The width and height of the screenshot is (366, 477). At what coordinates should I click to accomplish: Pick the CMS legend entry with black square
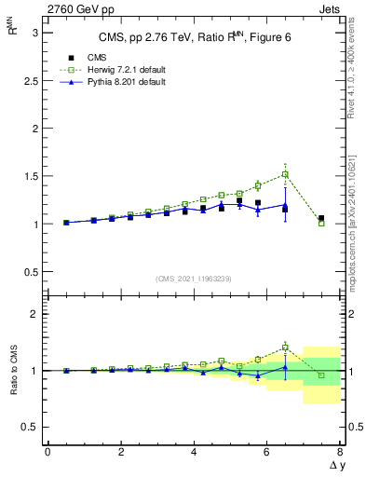click(74, 58)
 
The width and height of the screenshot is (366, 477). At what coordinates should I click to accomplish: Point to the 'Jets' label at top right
click(332, 9)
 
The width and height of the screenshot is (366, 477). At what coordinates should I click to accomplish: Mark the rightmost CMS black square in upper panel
click(321, 219)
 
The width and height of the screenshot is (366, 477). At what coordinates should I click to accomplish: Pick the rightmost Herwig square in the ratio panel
click(321, 375)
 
